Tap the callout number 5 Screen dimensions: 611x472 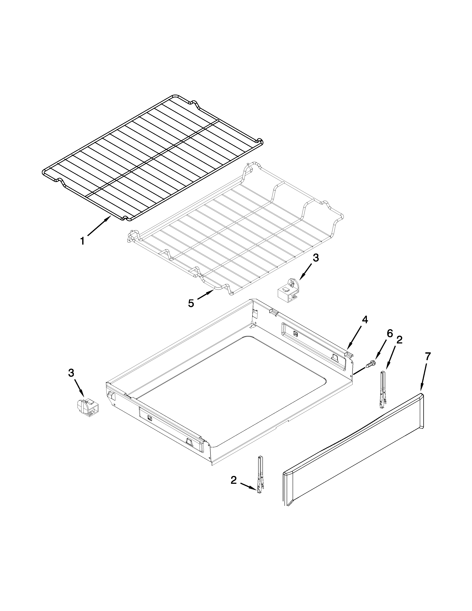click(191, 303)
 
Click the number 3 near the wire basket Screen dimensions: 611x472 click(315, 258)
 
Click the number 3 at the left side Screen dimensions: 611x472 click(71, 373)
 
